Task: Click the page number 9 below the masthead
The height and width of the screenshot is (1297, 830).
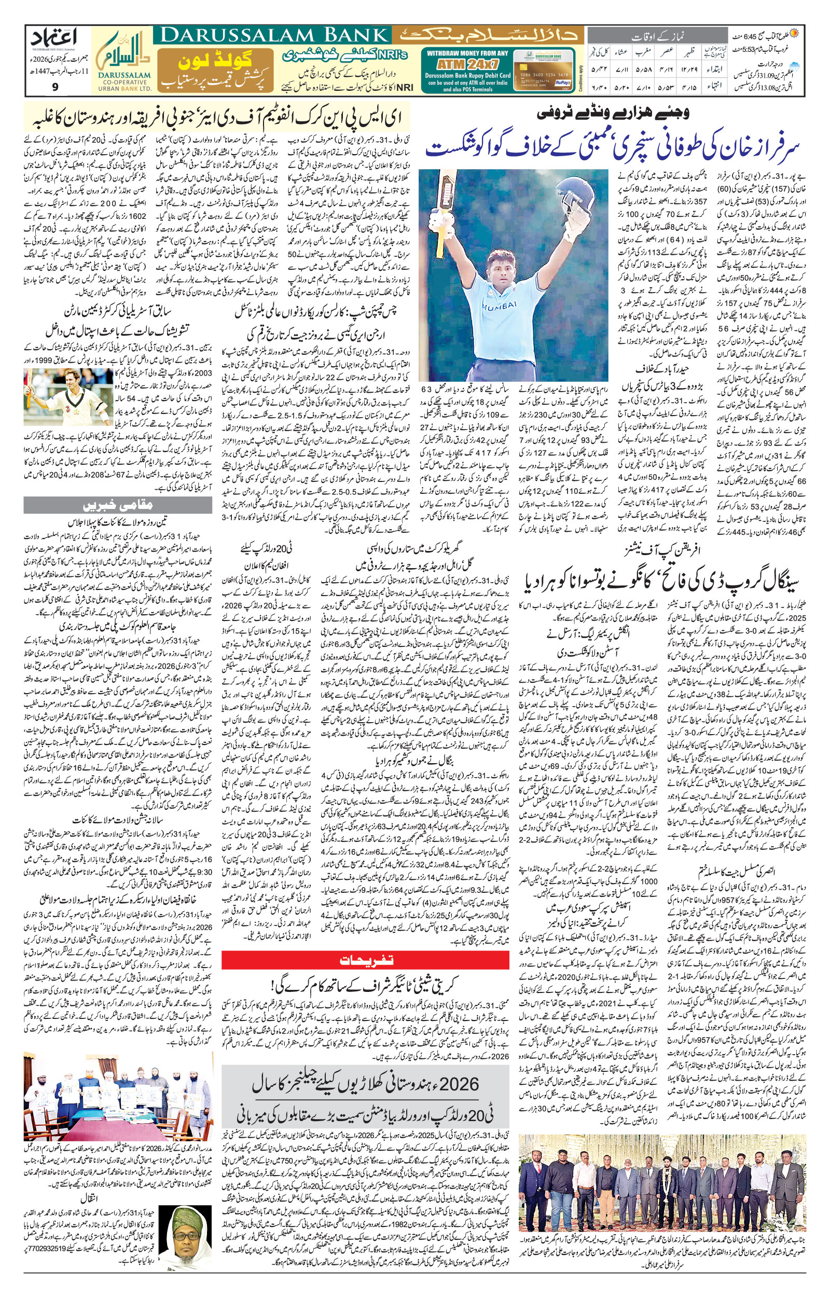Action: click(56, 86)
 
